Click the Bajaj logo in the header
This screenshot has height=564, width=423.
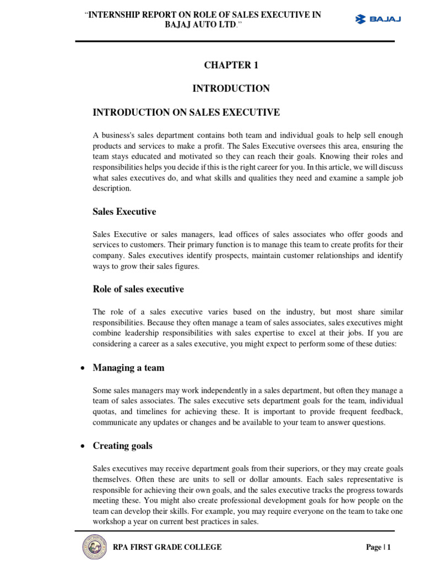[378, 19]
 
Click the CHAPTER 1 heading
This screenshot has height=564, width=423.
[231, 65]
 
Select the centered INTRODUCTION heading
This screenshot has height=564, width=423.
[231, 88]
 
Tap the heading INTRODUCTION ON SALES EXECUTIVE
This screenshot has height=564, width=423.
[186, 112]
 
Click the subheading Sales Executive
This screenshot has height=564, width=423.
[124, 211]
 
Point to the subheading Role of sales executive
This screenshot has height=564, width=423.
[138, 289]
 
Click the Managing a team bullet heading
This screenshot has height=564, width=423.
[128, 367]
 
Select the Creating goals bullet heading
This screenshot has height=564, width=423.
[122, 446]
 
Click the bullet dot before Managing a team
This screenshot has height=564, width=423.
[82, 368]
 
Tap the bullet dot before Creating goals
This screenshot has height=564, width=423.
[82, 446]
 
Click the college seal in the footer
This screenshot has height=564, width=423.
[95, 547]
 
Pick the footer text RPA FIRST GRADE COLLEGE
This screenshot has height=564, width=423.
[167, 547]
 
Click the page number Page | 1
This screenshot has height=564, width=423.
[378, 547]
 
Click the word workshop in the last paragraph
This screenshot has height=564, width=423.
[110, 521]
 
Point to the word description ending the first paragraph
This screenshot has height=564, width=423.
[112, 188]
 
